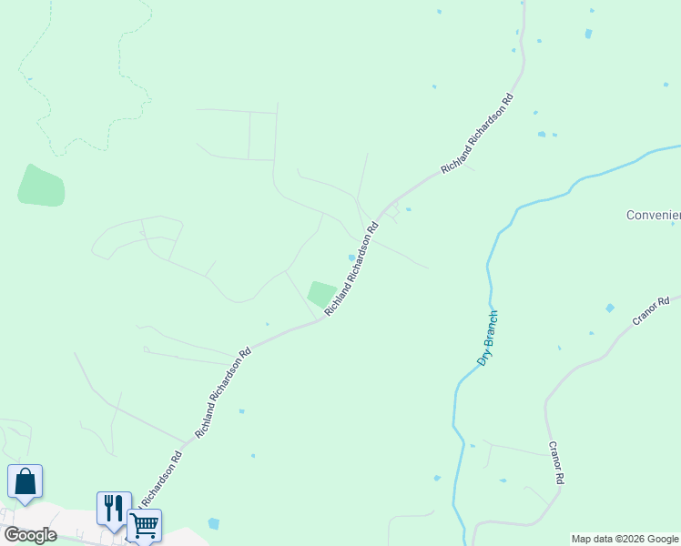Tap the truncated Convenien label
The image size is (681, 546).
coord(653,216)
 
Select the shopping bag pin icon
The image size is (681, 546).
coord(25,481)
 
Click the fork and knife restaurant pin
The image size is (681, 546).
coord(114,508)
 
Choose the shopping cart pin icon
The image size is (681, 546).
coord(144,524)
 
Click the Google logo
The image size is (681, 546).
coord(30,535)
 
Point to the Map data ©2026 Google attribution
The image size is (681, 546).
coord(625,539)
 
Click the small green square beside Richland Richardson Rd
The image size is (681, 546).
coord(320,294)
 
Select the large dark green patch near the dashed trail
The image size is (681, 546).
coord(41,186)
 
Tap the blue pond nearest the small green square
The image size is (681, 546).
coord(351,258)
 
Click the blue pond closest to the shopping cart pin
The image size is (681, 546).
coord(213,523)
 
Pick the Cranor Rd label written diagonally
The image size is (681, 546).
coord(650,311)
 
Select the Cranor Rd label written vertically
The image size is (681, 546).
coord(557,463)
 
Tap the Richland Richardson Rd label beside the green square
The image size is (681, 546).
coord(350,269)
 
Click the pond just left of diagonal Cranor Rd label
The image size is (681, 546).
coord(608,308)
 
